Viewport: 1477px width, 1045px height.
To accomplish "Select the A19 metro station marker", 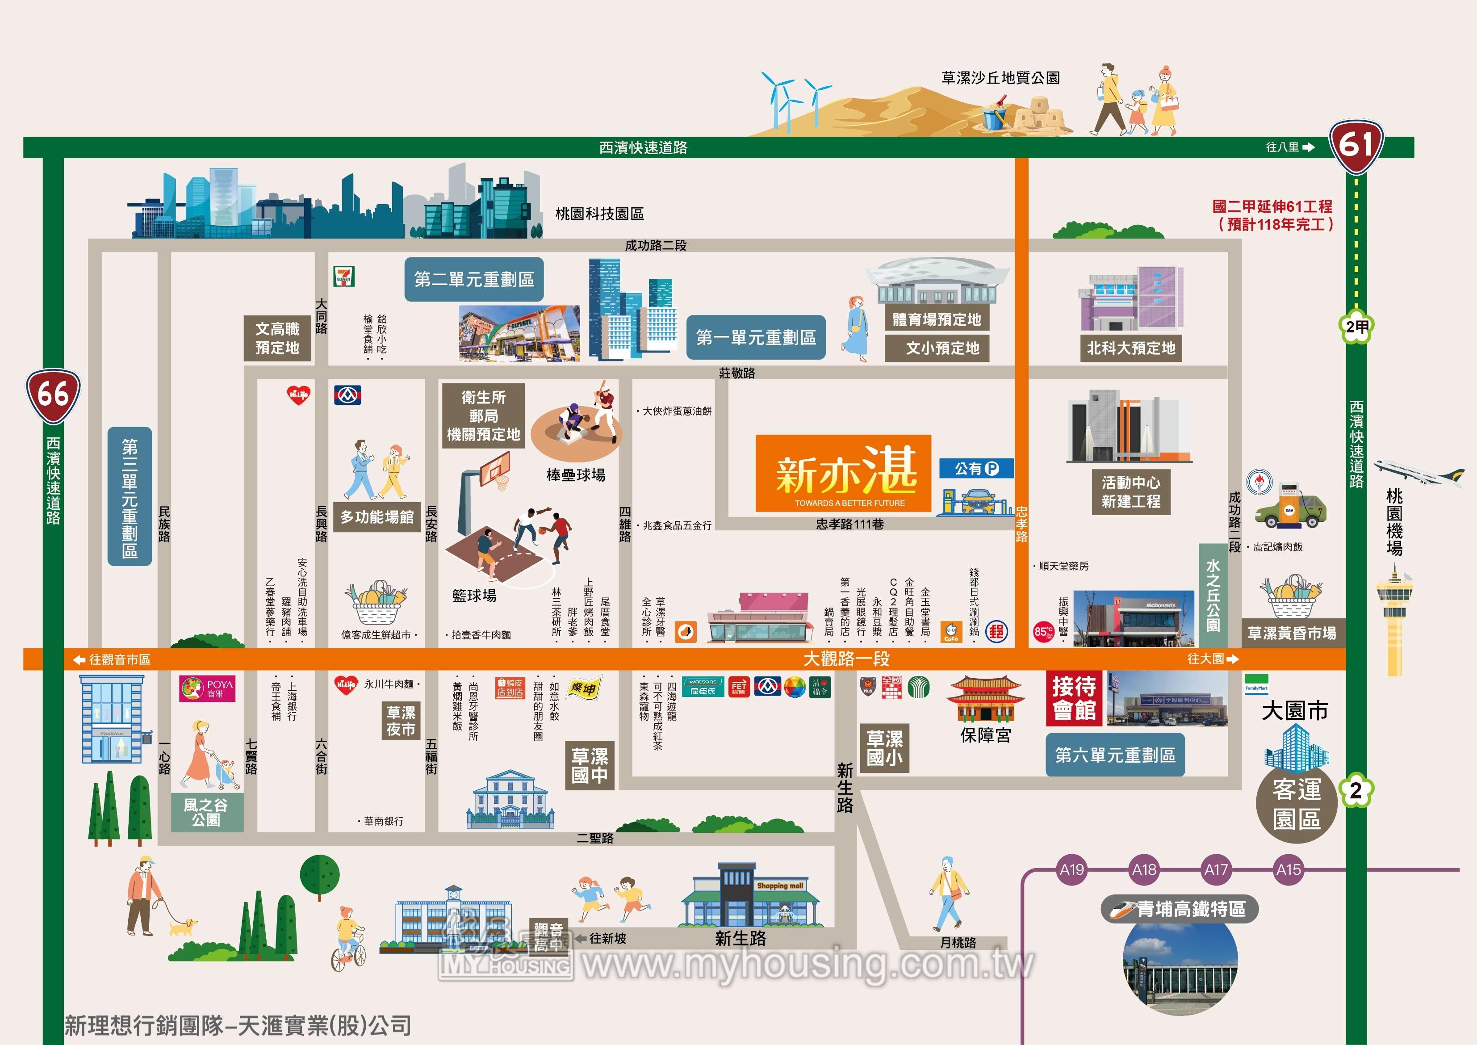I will (1072, 869).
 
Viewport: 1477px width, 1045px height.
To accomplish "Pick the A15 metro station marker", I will (1289, 869).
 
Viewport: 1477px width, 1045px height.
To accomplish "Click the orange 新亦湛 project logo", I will (843, 473).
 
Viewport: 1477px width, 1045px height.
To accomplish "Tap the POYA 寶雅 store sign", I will (207, 688).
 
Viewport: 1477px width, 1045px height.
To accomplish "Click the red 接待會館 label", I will (1074, 698).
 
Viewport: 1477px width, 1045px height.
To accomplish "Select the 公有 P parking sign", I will (976, 469).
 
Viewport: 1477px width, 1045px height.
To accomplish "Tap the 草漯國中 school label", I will (589, 764).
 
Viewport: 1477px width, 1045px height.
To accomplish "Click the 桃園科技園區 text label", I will (599, 214).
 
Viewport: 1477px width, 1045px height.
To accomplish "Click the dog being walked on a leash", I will (183, 927).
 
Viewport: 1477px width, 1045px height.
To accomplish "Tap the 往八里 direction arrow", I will (1308, 147).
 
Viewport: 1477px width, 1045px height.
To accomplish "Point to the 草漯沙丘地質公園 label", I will (1000, 78).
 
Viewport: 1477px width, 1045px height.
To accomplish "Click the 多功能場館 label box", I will (377, 517).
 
